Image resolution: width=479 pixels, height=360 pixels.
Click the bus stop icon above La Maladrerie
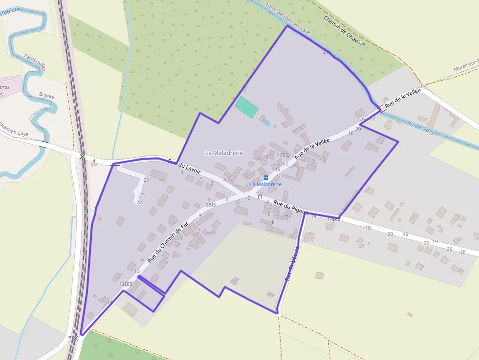point(266,178)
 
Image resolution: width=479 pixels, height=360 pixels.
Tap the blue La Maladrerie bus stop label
point(266,184)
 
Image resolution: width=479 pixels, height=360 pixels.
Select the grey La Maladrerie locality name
point(224,153)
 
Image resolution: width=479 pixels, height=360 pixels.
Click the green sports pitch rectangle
point(246,107)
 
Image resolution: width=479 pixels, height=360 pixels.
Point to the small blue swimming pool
point(266,122)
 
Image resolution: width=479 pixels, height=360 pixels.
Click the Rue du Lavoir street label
point(185,169)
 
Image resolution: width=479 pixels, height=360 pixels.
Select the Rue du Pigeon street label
point(289,207)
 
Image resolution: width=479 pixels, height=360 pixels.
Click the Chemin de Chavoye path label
point(345,31)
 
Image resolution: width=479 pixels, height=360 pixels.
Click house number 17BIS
point(283,155)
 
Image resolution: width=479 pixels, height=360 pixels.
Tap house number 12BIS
point(126,284)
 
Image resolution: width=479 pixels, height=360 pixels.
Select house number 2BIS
point(211,205)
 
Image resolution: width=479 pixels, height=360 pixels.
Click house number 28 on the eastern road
point(463,252)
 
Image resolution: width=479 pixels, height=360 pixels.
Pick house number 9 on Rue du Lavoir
point(181,172)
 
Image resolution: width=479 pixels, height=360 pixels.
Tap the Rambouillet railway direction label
point(35,63)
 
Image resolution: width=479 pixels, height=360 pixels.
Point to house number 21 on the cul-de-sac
point(146,180)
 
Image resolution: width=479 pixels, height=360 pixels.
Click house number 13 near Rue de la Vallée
point(265,157)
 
